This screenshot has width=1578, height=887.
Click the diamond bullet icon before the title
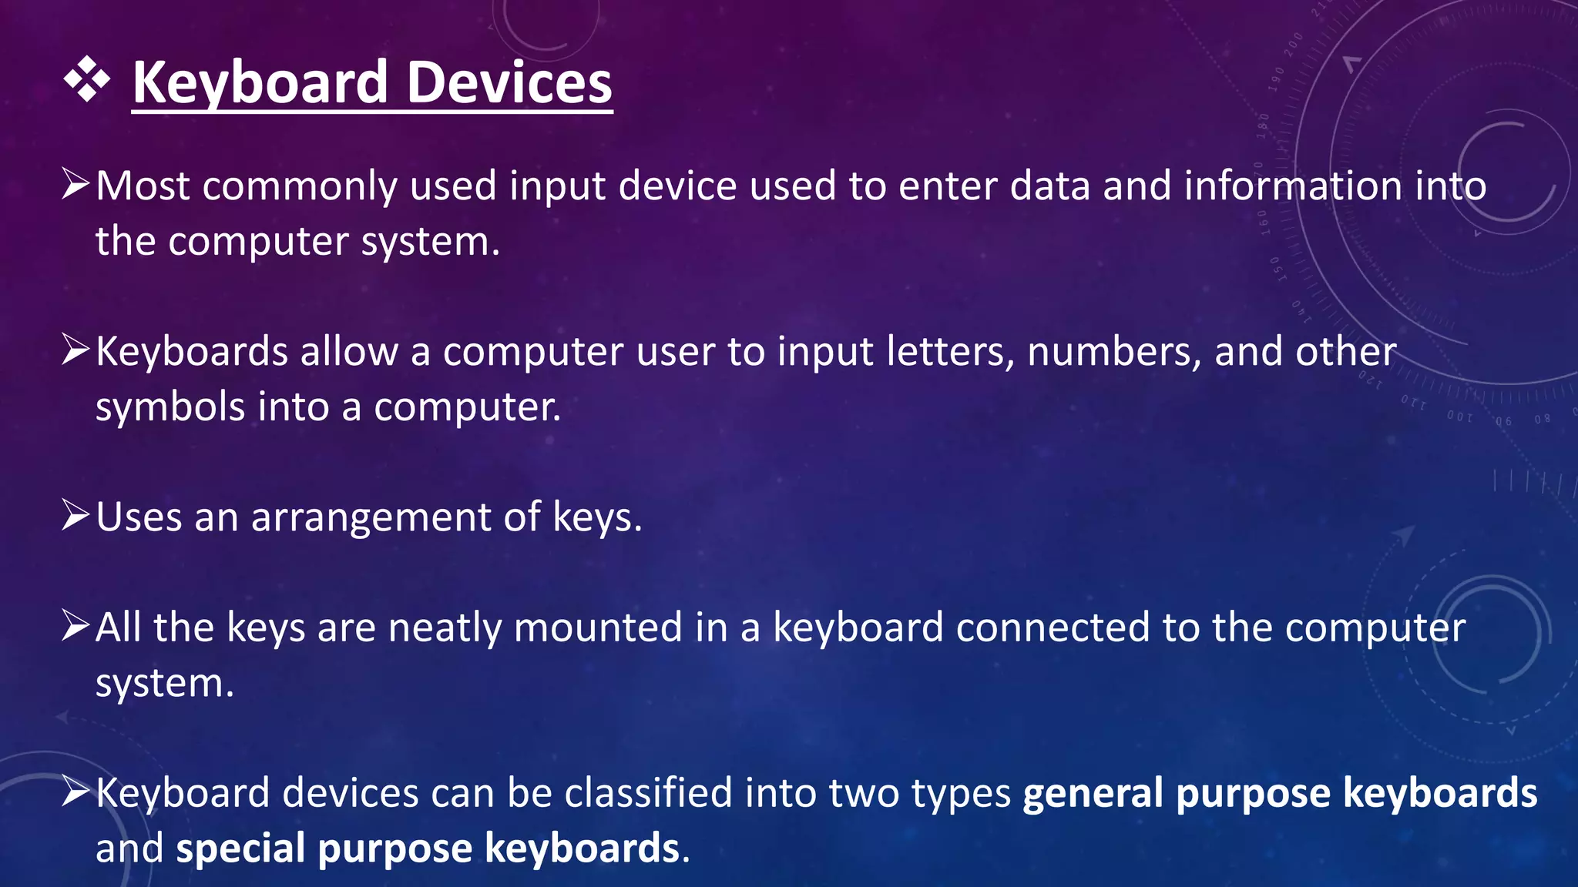click(x=87, y=79)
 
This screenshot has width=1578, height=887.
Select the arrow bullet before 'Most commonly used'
click(x=76, y=185)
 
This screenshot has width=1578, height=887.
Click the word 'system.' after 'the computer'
click(x=431, y=242)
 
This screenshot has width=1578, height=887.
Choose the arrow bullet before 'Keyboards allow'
click(x=76, y=350)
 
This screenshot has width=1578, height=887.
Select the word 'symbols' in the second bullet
click(x=170, y=407)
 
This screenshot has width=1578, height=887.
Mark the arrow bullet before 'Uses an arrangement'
click(x=76, y=515)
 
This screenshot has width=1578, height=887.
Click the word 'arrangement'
click(x=371, y=517)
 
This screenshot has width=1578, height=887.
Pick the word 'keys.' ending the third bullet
click(x=597, y=518)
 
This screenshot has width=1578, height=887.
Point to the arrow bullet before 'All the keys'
click(x=76, y=626)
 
